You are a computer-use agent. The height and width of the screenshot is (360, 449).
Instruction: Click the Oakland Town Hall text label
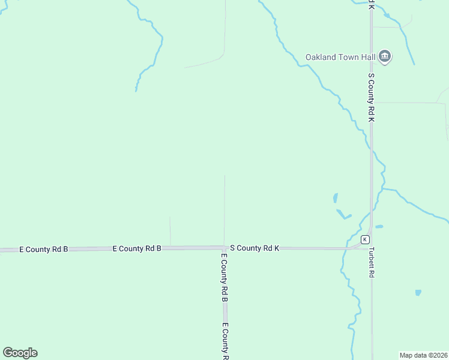[340, 58]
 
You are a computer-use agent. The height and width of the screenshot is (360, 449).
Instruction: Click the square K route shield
[365, 239]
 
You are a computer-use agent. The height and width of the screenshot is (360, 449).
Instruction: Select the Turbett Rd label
[372, 262]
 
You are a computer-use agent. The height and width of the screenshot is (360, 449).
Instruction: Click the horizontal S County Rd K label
[255, 248]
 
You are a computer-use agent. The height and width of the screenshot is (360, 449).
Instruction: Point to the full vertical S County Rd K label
[372, 98]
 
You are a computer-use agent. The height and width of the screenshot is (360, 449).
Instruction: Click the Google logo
[20, 353]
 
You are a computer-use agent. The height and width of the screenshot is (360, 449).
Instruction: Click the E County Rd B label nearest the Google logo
[44, 248]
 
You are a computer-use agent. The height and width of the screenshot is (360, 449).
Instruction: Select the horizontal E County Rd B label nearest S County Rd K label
[137, 248]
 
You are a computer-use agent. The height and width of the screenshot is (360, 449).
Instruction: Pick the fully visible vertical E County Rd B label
[223, 278]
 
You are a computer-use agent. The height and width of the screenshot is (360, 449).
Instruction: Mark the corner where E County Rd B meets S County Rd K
[224, 247]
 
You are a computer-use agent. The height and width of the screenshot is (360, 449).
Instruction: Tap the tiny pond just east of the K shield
[379, 227]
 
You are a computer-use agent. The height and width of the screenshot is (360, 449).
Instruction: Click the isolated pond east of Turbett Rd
[418, 293]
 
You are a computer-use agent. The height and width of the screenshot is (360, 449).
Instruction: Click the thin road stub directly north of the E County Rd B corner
[224, 210]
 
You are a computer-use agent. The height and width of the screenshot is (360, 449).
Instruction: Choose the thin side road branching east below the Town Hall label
[408, 103]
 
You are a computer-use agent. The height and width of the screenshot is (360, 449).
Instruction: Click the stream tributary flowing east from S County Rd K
[414, 203]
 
